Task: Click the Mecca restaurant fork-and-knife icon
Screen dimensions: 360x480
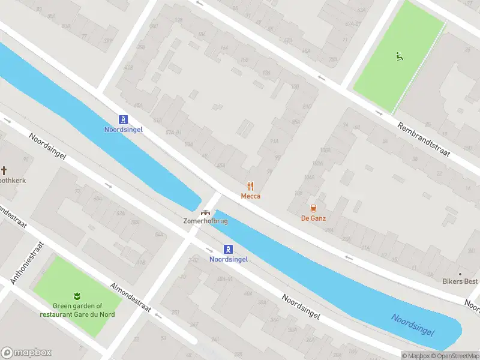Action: tap(251, 186)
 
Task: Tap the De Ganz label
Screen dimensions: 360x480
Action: tap(313, 218)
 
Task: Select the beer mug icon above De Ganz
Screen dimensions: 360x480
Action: tap(313, 208)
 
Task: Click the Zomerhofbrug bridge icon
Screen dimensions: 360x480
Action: tap(205, 212)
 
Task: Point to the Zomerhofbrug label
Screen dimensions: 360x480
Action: tap(205, 221)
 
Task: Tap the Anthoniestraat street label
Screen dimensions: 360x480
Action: tap(27, 263)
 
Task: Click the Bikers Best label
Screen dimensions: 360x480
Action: tap(461, 282)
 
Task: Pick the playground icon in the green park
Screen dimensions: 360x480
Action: tap(398, 57)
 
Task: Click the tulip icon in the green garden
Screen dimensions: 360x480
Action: tap(76, 295)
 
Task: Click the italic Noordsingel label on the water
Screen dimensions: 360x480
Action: tap(413, 324)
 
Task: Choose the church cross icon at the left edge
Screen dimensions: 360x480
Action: tap(4, 170)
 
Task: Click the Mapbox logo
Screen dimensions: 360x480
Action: tap(26, 353)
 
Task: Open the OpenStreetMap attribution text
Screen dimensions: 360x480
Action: tap(458, 356)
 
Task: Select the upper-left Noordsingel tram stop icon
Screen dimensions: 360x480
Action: tap(123, 119)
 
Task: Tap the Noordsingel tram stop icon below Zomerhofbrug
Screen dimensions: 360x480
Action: tap(229, 249)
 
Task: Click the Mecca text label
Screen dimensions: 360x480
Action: tap(251, 196)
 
